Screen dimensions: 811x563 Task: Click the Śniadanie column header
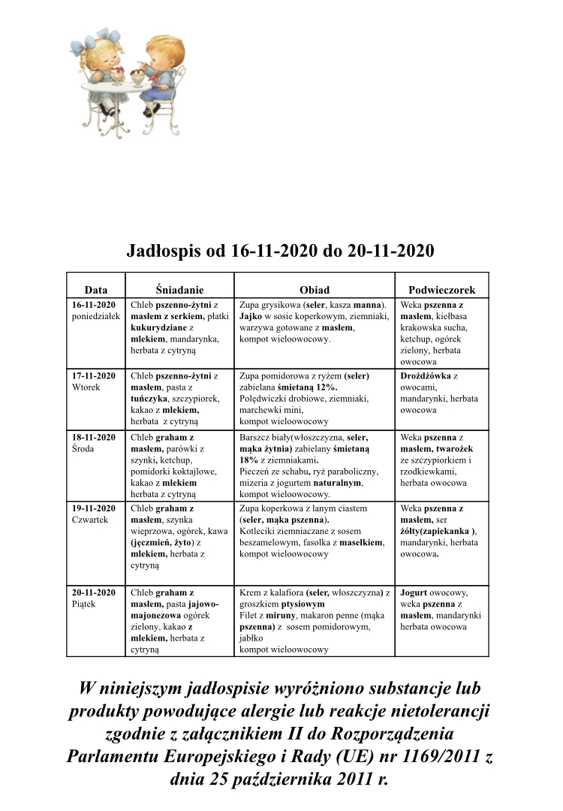point(179,289)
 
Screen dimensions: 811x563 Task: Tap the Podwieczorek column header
point(441,289)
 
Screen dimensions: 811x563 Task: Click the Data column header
point(96,289)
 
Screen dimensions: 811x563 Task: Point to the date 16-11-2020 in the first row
point(94,305)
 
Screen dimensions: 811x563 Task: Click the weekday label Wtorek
point(86,387)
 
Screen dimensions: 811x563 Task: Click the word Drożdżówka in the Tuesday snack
point(426,375)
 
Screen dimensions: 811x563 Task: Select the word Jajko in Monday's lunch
point(251,316)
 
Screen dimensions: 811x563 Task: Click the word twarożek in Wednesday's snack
point(453,448)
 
